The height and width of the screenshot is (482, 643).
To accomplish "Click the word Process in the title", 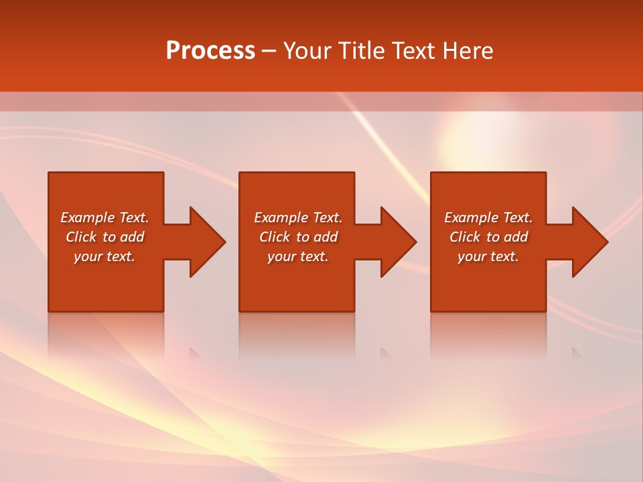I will pyautogui.click(x=210, y=51).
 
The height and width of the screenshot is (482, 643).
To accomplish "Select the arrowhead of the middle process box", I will pyautogui.click(x=398, y=242).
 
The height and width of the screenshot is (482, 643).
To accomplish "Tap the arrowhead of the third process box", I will pyautogui.click(x=589, y=242).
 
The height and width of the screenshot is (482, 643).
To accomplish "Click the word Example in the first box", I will pyautogui.click(x=88, y=218).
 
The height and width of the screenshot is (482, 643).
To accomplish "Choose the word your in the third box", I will pyautogui.click(x=472, y=256).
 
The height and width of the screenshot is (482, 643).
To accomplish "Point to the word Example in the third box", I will pyautogui.click(x=472, y=218).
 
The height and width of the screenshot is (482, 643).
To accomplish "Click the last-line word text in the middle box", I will pyautogui.click(x=314, y=256).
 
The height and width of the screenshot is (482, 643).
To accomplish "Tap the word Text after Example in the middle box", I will pyautogui.click(x=328, y=218).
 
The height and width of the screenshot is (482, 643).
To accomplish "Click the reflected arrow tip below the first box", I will pyautogui.click(x=195, y=353).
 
